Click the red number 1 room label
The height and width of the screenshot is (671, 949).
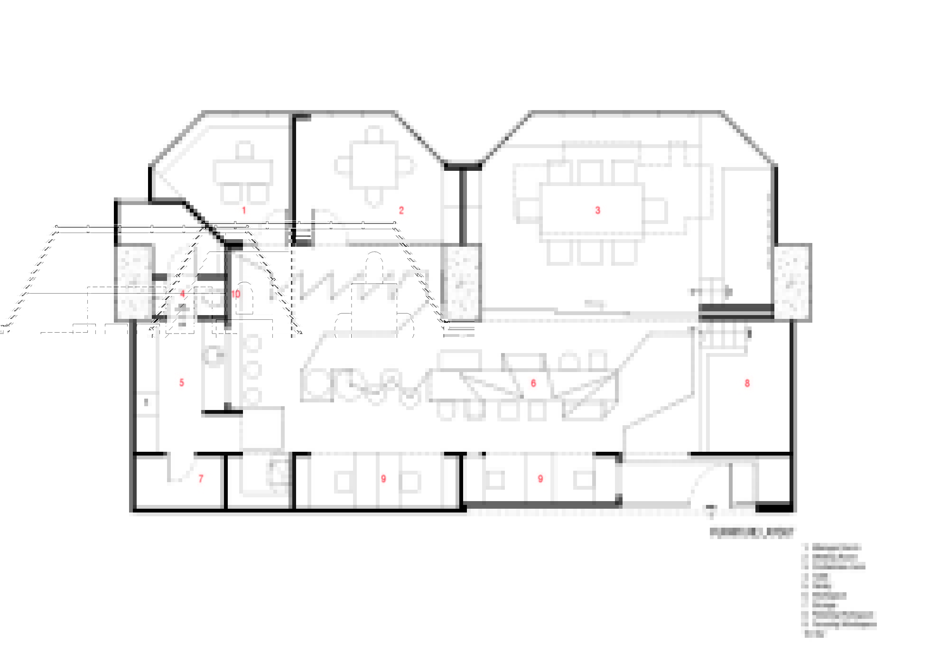(244, 210)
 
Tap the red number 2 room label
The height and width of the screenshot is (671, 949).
(401, 210)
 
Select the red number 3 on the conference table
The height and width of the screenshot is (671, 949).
(597, 210)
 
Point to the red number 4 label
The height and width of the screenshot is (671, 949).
(182, 294)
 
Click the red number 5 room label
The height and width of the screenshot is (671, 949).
(182, 382)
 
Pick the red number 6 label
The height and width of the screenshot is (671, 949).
(533, 383)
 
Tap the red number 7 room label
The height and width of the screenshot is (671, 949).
(201, 478)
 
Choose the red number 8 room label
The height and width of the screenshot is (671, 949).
(747, 383)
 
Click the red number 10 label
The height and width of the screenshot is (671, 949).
(236, 294)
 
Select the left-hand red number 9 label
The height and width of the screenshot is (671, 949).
(383, 479)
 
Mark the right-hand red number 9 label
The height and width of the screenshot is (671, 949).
(540, 479)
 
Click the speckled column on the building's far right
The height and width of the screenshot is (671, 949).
(792, 282)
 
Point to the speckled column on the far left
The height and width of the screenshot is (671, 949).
(134, 282)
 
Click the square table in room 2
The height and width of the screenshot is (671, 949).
(374, 166)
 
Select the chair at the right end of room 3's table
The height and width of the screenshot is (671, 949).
(656, 211)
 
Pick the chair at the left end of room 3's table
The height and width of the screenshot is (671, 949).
(528, 211)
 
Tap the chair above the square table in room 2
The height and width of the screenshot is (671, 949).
(374, 134)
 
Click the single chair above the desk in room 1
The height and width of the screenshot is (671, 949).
(244, 150)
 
